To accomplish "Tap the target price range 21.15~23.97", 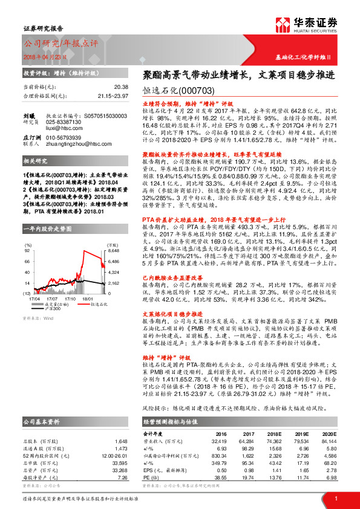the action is [112, 96].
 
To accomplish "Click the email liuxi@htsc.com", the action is [61, 128].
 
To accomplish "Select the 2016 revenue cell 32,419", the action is [217, 441].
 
